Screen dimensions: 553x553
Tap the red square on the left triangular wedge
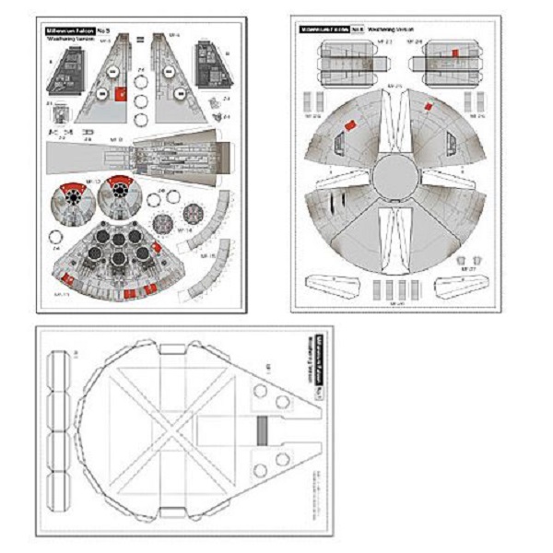120,93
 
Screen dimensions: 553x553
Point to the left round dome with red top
73,196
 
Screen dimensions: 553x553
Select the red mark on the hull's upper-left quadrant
349,124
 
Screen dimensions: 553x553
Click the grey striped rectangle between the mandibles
262,428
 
